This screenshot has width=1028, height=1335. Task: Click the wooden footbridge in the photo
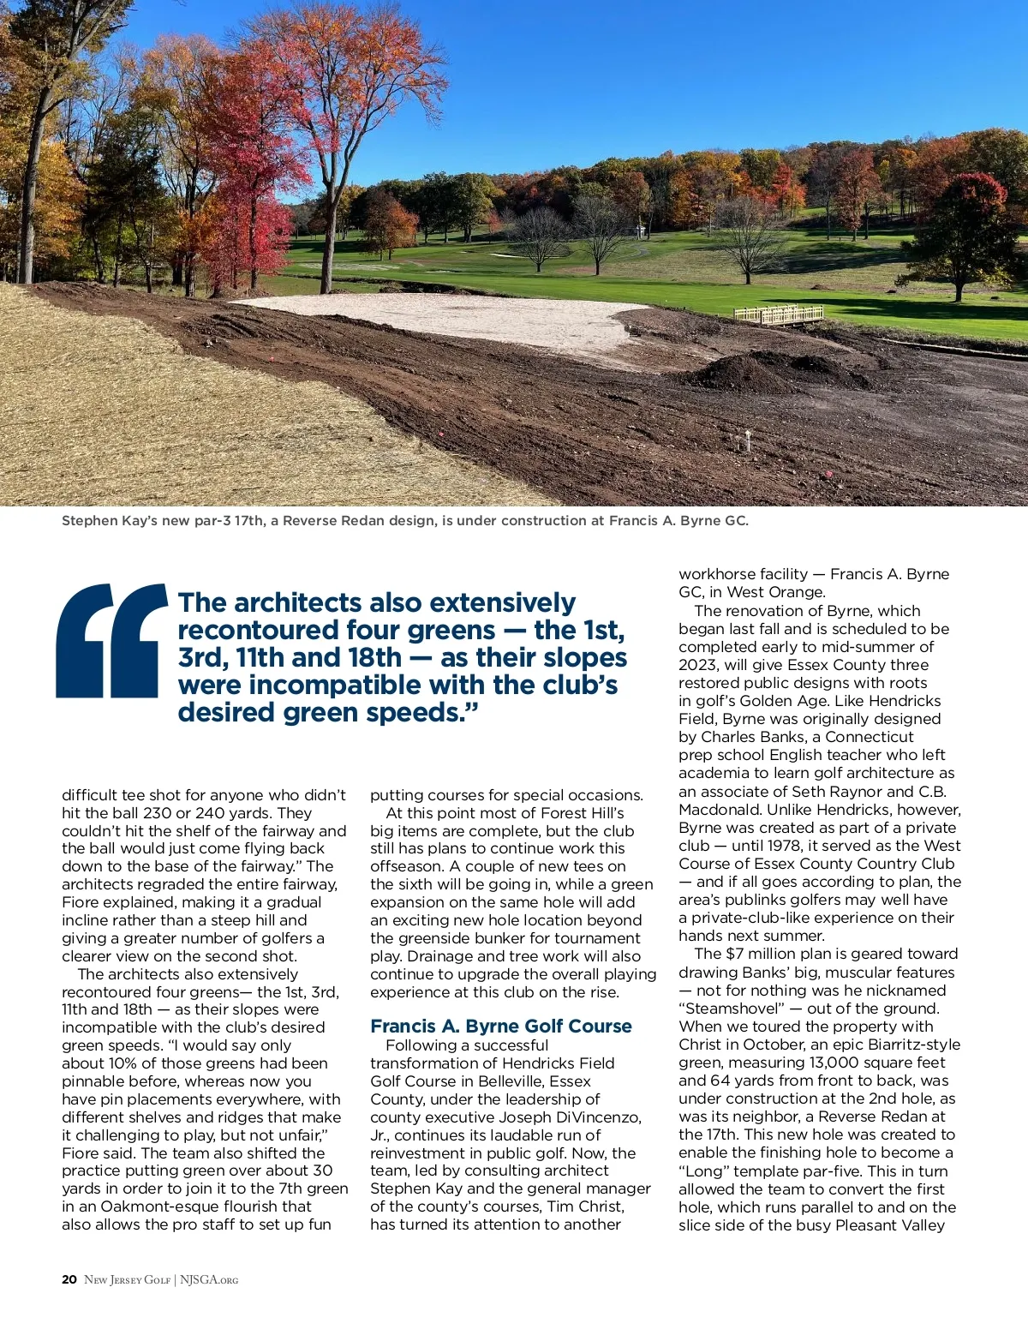click(779, 315)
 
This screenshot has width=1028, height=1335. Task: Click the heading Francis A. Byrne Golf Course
click(500, 1026)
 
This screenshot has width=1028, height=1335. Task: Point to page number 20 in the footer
click(69, 1279)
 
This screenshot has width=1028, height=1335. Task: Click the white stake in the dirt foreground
click(747, 440)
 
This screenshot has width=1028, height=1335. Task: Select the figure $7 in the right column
click(734, 954)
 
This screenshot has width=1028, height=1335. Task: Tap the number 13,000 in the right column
click(836, 1063)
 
